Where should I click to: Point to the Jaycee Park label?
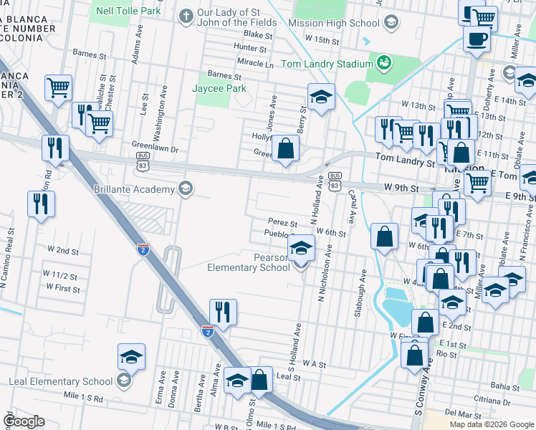219,88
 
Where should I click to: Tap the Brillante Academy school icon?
186,188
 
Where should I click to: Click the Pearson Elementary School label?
248,262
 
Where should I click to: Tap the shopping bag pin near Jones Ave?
286,149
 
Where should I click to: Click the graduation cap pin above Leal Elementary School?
132,356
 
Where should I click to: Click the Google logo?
24,421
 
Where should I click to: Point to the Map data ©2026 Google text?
492,424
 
